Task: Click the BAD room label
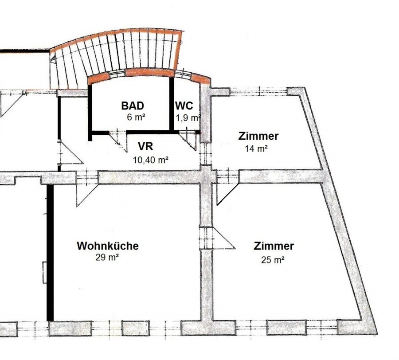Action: (133, 106)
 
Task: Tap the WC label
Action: (184, 106)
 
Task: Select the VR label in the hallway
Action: (145, 147)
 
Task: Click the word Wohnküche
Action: (108, 246)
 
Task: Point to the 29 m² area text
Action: (107, 258)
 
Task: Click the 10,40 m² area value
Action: (151, 160)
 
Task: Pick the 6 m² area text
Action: (136, 117)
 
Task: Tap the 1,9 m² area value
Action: (188, 118)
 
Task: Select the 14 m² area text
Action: (256, 149)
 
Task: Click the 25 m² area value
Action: (273, 260)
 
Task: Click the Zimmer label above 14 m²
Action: (258, 136)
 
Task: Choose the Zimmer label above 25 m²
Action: (274, 246)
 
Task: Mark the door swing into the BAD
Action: (118, 142)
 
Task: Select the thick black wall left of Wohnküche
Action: (51, 253)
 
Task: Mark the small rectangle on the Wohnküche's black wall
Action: (45, 272)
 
